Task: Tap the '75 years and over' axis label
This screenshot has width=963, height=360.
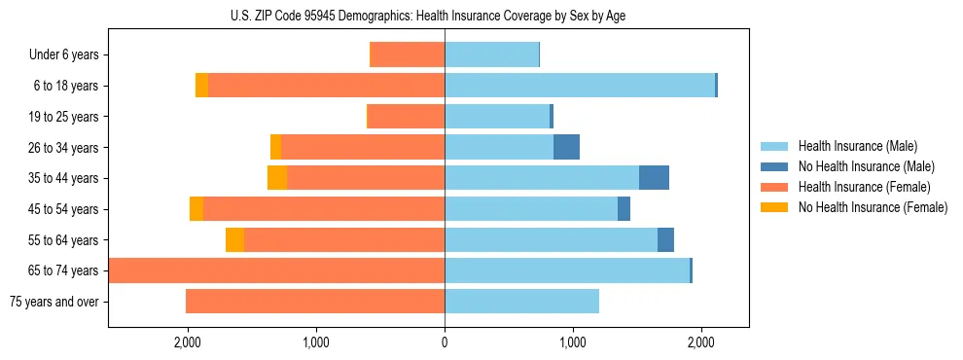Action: tap(53, 302)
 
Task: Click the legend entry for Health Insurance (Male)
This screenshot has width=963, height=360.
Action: tap(857, 146)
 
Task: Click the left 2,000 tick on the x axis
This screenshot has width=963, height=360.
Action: tap(187, 342)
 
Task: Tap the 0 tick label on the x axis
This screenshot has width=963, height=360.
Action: tap(445, 342)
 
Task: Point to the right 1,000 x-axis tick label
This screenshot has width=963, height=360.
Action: tap(573, 342)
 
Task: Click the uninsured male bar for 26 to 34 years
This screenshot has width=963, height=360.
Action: tap(566, 147)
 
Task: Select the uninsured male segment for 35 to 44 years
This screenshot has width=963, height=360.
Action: tap(654, 178)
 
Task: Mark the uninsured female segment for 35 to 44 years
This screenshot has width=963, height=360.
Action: tap(277, 178)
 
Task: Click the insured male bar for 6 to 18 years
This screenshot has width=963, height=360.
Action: tap(580, 86)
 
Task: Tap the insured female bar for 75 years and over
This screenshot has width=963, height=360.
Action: tap(315, 302)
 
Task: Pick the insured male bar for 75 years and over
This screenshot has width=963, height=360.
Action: tap(521, 302)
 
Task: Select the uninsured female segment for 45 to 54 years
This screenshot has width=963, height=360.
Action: tap(196, 209)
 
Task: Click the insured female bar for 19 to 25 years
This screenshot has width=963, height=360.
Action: tap(406, 117)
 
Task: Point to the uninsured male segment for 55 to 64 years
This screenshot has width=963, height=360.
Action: tap(665, 239)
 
